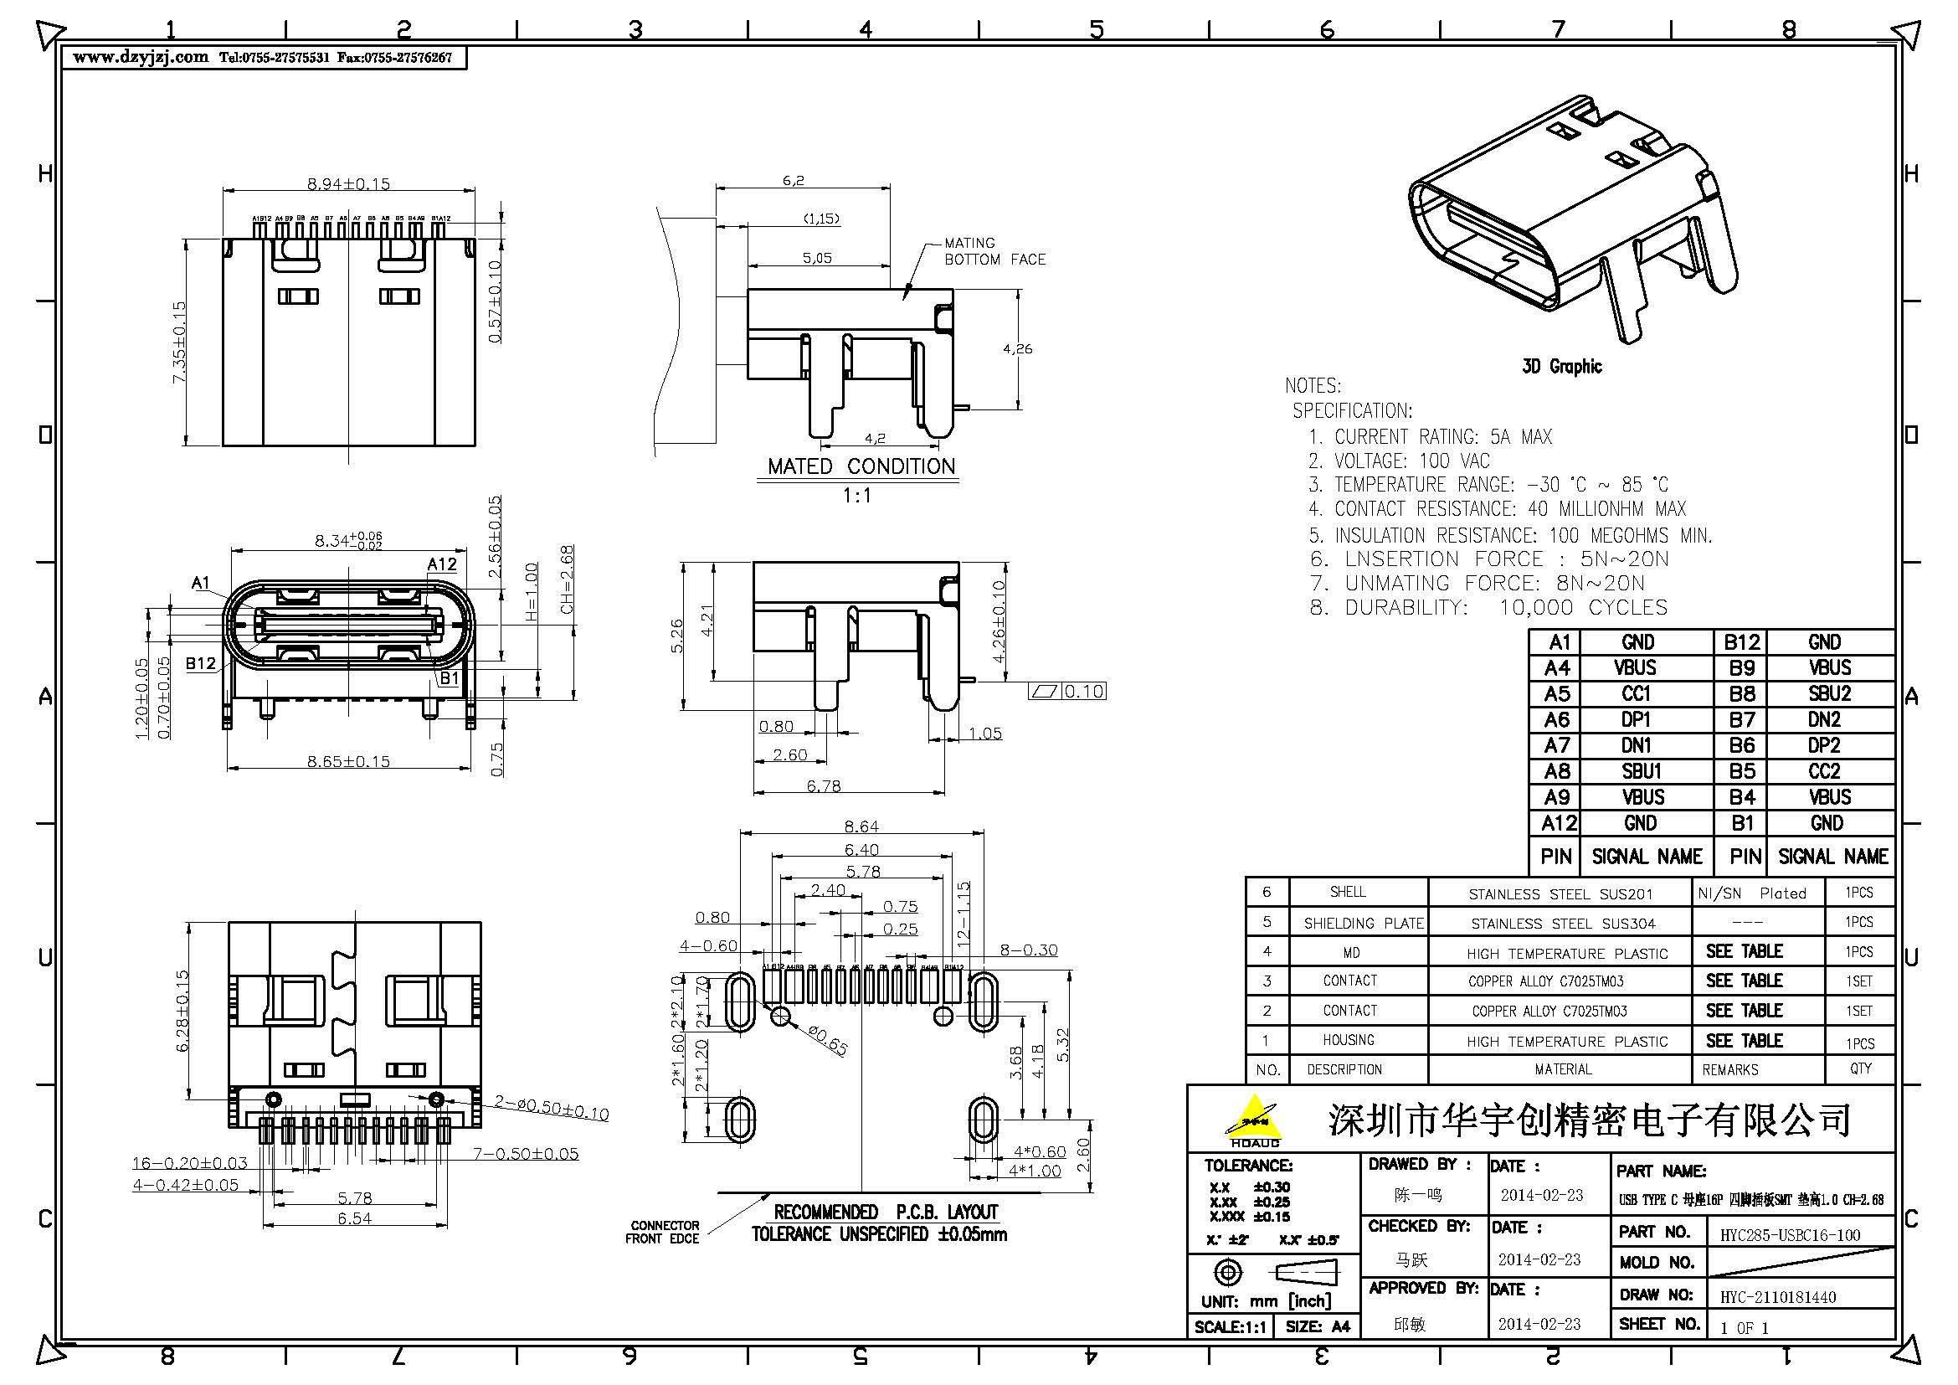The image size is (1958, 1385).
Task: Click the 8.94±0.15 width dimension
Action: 348,183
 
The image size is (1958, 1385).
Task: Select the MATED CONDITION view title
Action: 861,466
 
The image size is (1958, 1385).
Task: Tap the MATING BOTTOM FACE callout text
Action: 994,251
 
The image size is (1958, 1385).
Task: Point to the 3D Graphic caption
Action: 1561,367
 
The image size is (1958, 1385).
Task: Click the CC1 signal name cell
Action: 1637,693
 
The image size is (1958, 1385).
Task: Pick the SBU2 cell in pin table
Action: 1829,693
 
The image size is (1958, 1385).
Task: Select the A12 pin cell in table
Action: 1558,823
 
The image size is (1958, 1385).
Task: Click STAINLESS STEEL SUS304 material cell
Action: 1562,924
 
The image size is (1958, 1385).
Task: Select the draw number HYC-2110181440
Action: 1777,1297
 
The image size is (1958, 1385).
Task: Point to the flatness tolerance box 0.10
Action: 1067,691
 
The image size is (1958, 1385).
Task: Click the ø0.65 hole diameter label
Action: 826,1043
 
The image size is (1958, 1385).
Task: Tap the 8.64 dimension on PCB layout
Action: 861,826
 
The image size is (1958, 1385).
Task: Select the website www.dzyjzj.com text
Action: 141,58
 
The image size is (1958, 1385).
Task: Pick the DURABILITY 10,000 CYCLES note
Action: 1489,607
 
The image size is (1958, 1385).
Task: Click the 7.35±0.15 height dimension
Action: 179,342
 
